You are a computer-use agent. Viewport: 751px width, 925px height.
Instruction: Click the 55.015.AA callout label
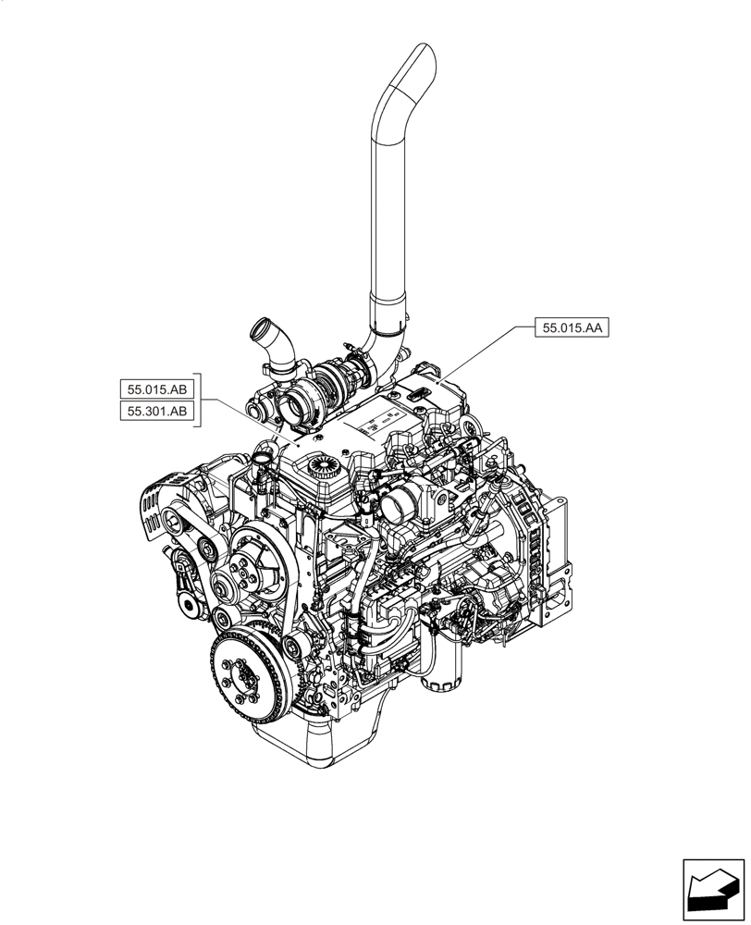[x=572, y=327]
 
